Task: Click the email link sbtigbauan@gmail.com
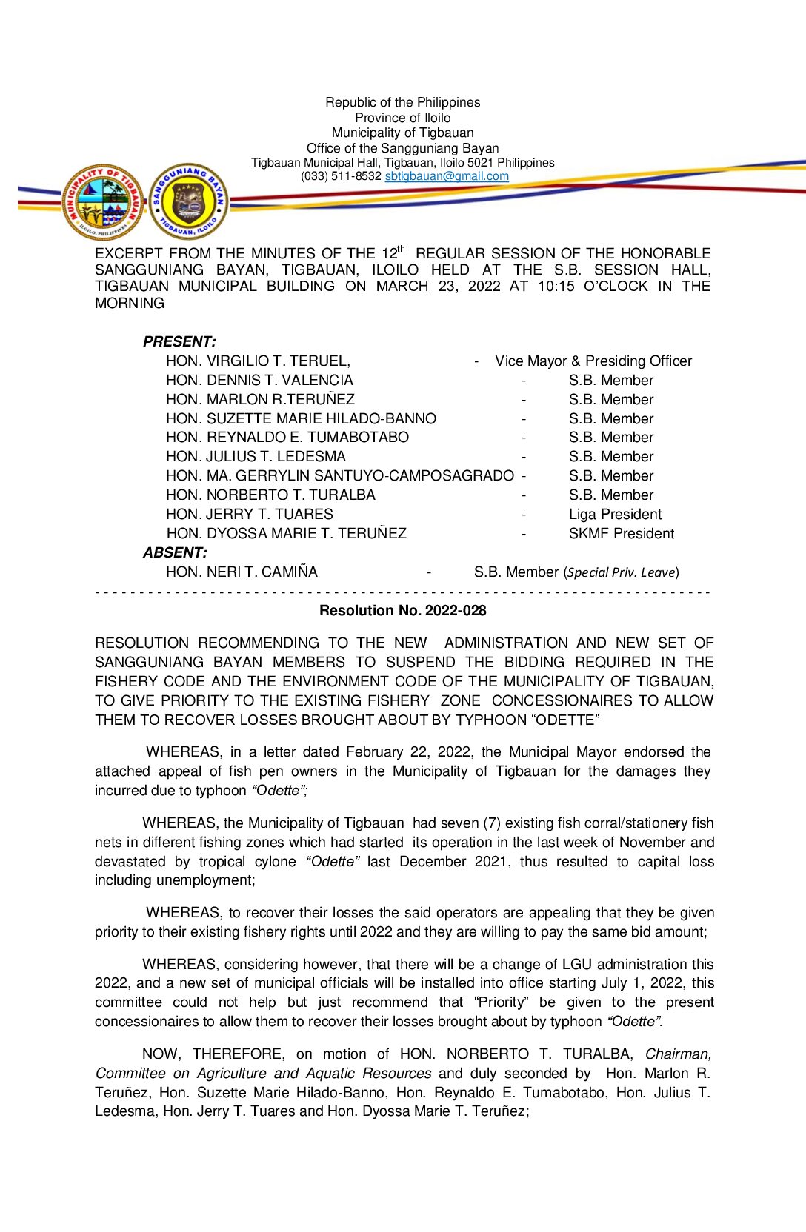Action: pos(447,176)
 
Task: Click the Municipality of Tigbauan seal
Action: pos(104,202)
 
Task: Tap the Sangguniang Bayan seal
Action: pos(189,202)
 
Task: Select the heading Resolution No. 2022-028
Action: pos(402,611)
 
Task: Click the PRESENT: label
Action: pos(179,342)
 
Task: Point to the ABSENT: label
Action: pos(175,553)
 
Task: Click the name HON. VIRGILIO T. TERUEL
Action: pos(258,361)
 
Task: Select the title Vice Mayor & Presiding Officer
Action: pos(593,361)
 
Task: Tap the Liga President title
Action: pos(615,515)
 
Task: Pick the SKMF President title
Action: pos(622,534)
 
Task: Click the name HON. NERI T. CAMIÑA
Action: pos(242,572)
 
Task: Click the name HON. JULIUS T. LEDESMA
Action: pos(256,457)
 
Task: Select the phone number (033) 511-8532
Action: pos(341,176)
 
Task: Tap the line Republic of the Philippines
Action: pos(402,102)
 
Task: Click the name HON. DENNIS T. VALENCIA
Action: pos(259,381)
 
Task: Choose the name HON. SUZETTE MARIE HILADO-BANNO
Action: pos(301,419)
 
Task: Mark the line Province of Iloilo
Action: pos(402,118)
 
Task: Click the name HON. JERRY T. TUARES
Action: pos(250,515)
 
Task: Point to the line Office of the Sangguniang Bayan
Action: pos(402,148)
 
